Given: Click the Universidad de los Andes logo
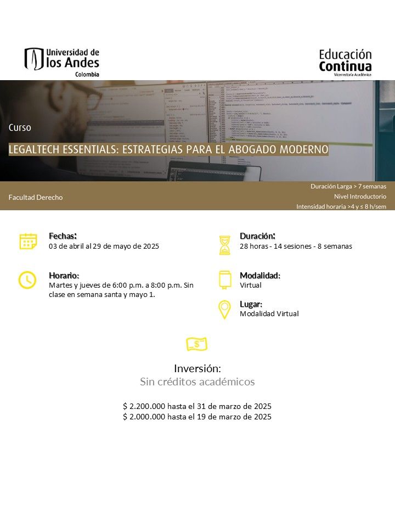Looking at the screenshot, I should pyautogui.click(x=61, y=61).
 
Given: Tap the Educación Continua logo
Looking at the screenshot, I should pyautogui.click(x=345, y=61).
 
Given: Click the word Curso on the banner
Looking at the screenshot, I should pyautogui.click(x=20, y=127).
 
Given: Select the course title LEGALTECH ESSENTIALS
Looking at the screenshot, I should pyautogui.click(x=168, y=149).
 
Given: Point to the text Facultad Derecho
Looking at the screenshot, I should pyautogui.click(x=36, y=197).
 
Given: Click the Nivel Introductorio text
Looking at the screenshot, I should pyautogui.click(x=360, y=196).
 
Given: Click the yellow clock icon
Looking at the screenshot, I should pyautogui.click(x=26, y=280).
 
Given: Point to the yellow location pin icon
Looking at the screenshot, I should pyautogui.click(x=224, y=310).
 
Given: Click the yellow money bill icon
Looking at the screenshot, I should pyautogui.click(x=197, y=344).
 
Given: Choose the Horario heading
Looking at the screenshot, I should pyautogui.click(x=64, y=275).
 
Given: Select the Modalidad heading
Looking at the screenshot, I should pyautogui.click(x=259, y=275).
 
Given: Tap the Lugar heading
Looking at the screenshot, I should pyautogui.click(x=251, y=304).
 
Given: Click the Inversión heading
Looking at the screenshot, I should pyautogui.click(x=197, y=368).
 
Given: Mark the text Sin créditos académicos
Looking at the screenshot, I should pyautogui.click(x=197, y=382).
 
